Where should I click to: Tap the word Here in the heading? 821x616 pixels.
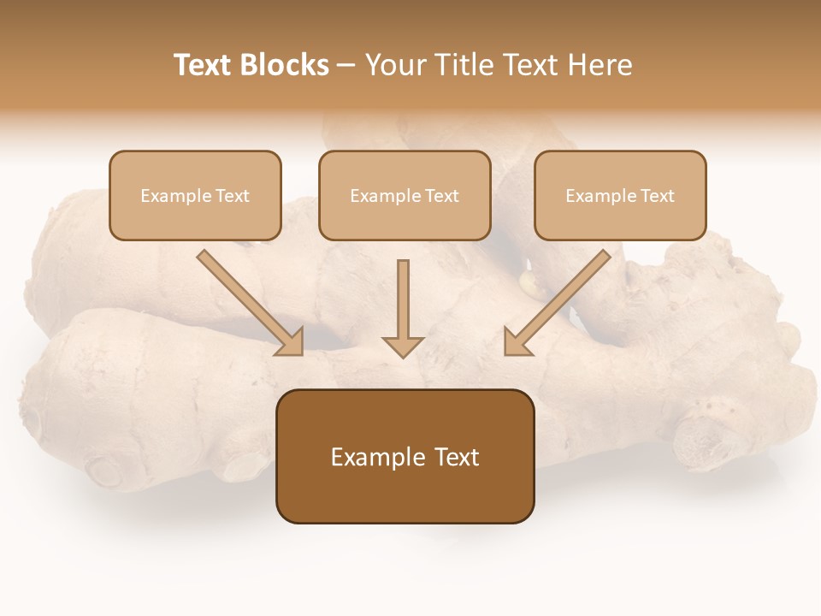tap(600, 65)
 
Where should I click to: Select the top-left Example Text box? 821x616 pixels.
tap(195, 195)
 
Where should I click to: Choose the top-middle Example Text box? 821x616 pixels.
tap(405, 195)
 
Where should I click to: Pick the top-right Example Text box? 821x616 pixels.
tap(620, 195)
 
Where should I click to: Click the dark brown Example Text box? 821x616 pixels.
tap(405, 456)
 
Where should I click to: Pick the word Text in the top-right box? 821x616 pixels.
tap(657, 196)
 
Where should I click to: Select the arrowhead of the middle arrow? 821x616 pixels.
tap(403, 346)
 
